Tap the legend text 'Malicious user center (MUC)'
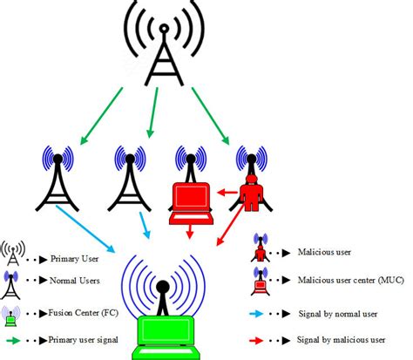(x=348, y=282)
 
